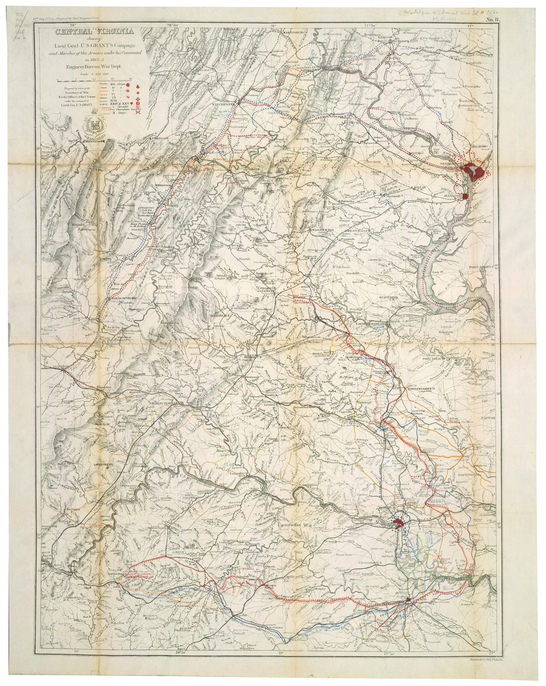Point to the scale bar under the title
[94, 79]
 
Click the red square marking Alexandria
[466, 196]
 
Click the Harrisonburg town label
[122, 298]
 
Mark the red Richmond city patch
[398, 522]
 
